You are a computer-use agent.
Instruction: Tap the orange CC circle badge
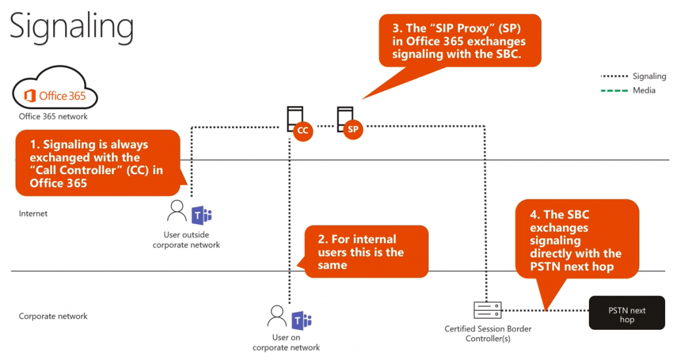click(302, 131)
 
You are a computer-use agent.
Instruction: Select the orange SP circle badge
click(353, 129)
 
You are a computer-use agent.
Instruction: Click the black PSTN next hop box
click(626, 315)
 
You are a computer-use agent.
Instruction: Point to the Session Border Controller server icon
click(487, 309)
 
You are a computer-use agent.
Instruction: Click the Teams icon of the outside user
click(201, 214)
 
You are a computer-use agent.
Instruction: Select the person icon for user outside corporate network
click(177, 212)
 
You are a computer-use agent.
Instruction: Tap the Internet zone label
click(34, 214)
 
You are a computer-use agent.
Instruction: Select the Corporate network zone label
click(53, 316)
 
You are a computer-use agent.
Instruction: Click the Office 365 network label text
click(53, 116)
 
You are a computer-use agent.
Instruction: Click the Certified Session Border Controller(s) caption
click(488, 333)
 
